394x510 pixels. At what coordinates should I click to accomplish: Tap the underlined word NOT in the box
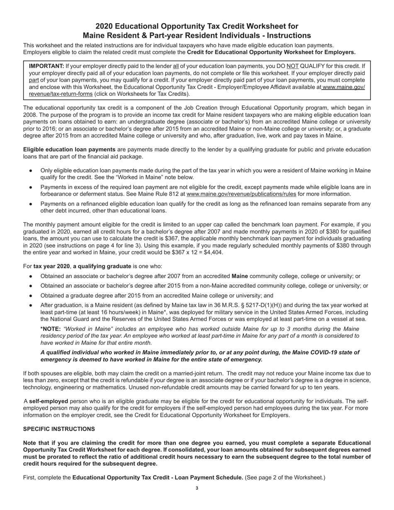click(x=292, y=66)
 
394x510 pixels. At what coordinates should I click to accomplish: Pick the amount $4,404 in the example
click(x=213, y=253)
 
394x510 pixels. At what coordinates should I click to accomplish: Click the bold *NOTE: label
click(x=51, y=329)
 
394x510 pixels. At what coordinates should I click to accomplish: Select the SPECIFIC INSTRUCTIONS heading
click(x=59, y=429)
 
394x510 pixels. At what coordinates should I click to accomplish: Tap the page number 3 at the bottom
click(x=197, y=488)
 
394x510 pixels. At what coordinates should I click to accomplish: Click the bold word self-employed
click(x=49, y=401)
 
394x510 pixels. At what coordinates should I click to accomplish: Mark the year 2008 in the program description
click(x=31, y=115)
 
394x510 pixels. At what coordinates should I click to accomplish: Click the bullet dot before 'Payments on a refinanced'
click(x=31, y=204)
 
